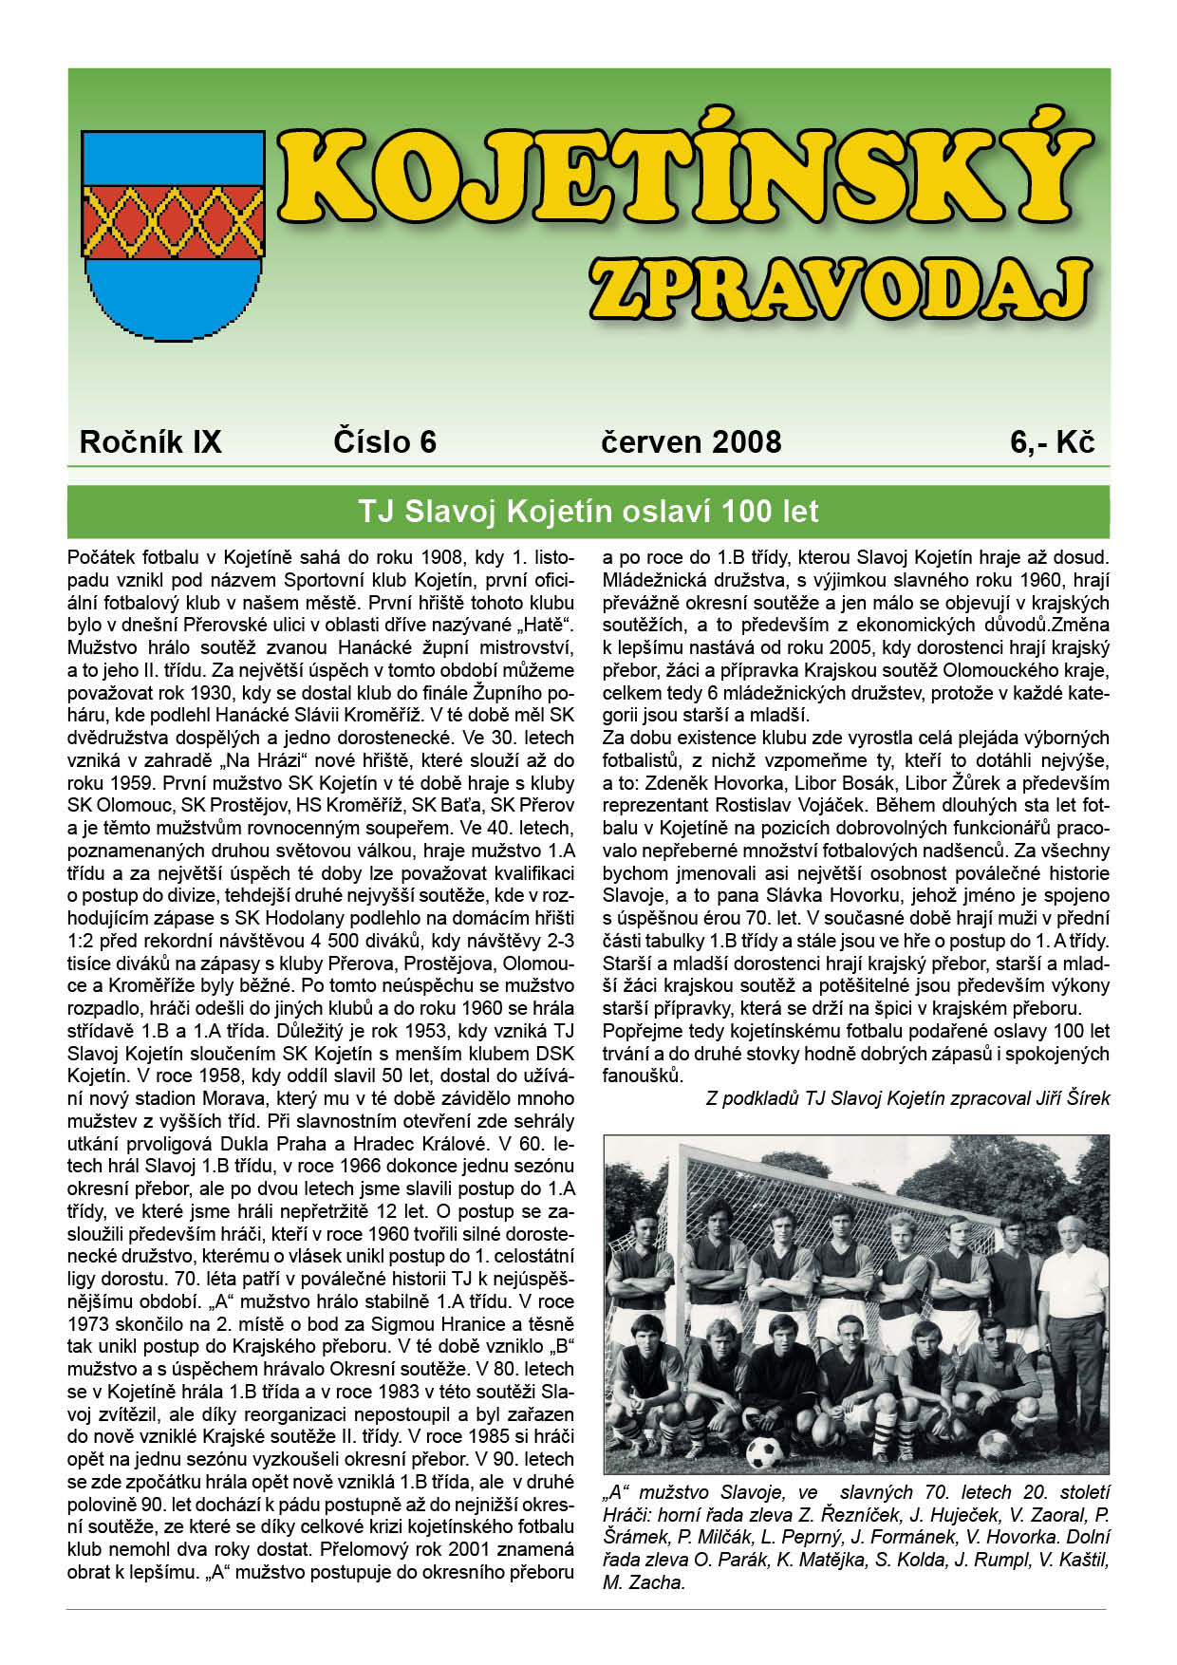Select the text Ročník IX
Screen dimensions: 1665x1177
pos(150,442)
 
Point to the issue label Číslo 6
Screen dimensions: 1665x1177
pos(384,442)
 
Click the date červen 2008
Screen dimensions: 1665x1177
pos(691,442)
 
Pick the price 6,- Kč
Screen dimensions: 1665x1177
pos(1053,442)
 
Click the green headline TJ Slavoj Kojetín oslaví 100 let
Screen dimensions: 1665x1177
pos(588,512)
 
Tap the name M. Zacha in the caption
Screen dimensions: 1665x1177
pos(643,1582)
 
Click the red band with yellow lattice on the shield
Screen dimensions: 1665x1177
pos(173,220)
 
